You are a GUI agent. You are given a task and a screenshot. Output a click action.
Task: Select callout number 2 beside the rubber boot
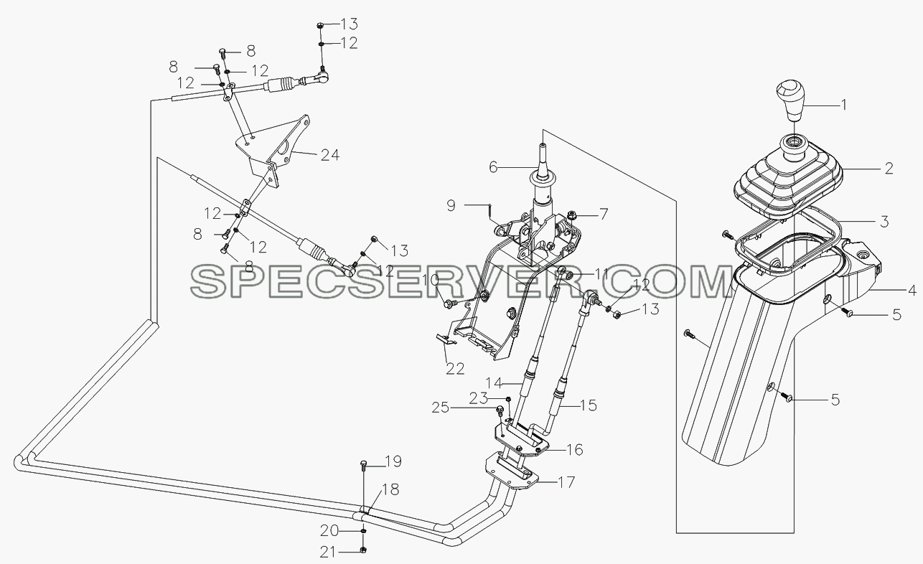[x=889, y=169]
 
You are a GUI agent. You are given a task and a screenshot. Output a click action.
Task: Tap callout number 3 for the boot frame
[x=884, y=222]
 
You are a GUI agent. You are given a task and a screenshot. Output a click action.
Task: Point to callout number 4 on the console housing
[x=912, y=290]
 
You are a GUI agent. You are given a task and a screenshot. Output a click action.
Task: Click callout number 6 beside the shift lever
[x=493, y=167]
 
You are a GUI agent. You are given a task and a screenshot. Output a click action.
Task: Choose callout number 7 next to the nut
[x=603, y=215]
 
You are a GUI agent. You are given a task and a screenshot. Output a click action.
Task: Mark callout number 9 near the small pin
[x=451, y=205]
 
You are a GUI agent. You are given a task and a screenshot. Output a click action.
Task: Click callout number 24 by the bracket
[x=330, y=155]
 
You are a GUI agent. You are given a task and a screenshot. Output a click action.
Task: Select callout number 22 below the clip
[x=455, y=368]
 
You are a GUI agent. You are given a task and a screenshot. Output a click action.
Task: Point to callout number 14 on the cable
[x=494, y=383]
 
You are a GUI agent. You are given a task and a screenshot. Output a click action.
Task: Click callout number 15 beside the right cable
[x=588, y=405]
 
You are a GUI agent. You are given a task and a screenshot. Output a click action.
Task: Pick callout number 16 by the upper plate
[x=574, y=450]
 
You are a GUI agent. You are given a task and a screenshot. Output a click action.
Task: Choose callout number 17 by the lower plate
[x=566, y=482]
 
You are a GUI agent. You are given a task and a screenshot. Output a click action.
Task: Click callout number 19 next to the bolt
[x=393, y=462]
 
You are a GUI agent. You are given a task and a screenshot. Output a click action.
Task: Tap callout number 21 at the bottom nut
[x=328, y=553]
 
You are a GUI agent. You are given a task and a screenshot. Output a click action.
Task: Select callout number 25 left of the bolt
[x=441, y=408]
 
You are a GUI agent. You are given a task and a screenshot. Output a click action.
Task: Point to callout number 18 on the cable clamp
[x=390, y=489]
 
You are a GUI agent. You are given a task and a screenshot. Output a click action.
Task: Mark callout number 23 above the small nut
[x=479, y=398]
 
